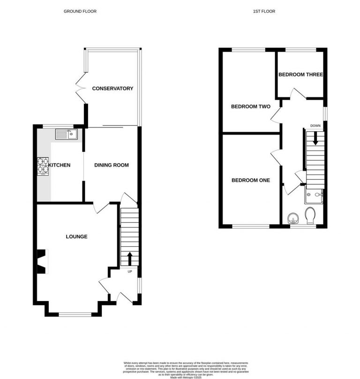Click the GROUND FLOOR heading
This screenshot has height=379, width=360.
click(80, 11)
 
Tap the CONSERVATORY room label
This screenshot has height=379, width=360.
click(112, 89)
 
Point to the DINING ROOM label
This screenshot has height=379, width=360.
click(111, 165)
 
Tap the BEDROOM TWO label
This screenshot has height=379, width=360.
click(251, 106)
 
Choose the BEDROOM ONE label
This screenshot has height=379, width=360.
click(251, 180)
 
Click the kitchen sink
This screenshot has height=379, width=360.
click(66, 135)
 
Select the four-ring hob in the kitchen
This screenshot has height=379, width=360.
click(42, 166)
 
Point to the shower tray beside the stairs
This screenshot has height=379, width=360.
click(315, 196)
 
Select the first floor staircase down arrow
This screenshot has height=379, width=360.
click(315, 138)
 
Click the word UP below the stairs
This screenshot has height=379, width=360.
click(129, 271)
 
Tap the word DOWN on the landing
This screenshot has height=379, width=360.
click(315, 126)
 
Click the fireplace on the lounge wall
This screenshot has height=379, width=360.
click(41, 261)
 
